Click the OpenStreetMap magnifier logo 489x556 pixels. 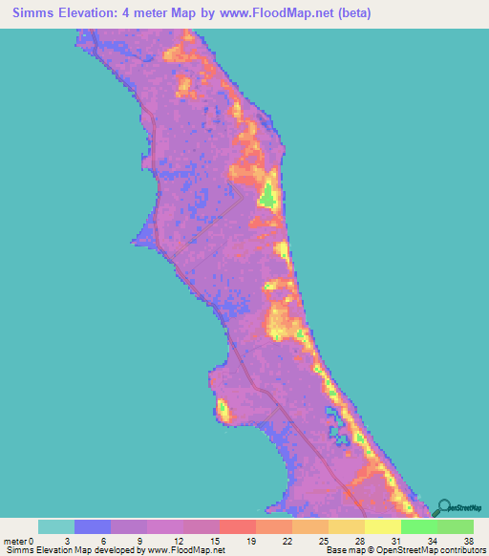442,507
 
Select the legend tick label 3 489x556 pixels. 74,540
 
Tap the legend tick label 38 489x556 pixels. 469,540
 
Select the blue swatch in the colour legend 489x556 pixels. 93,526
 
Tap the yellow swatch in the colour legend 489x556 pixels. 383,526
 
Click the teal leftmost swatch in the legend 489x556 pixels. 56,526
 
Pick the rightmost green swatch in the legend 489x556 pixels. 456,526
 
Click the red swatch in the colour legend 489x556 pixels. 238,526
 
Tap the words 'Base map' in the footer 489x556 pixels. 343,550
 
